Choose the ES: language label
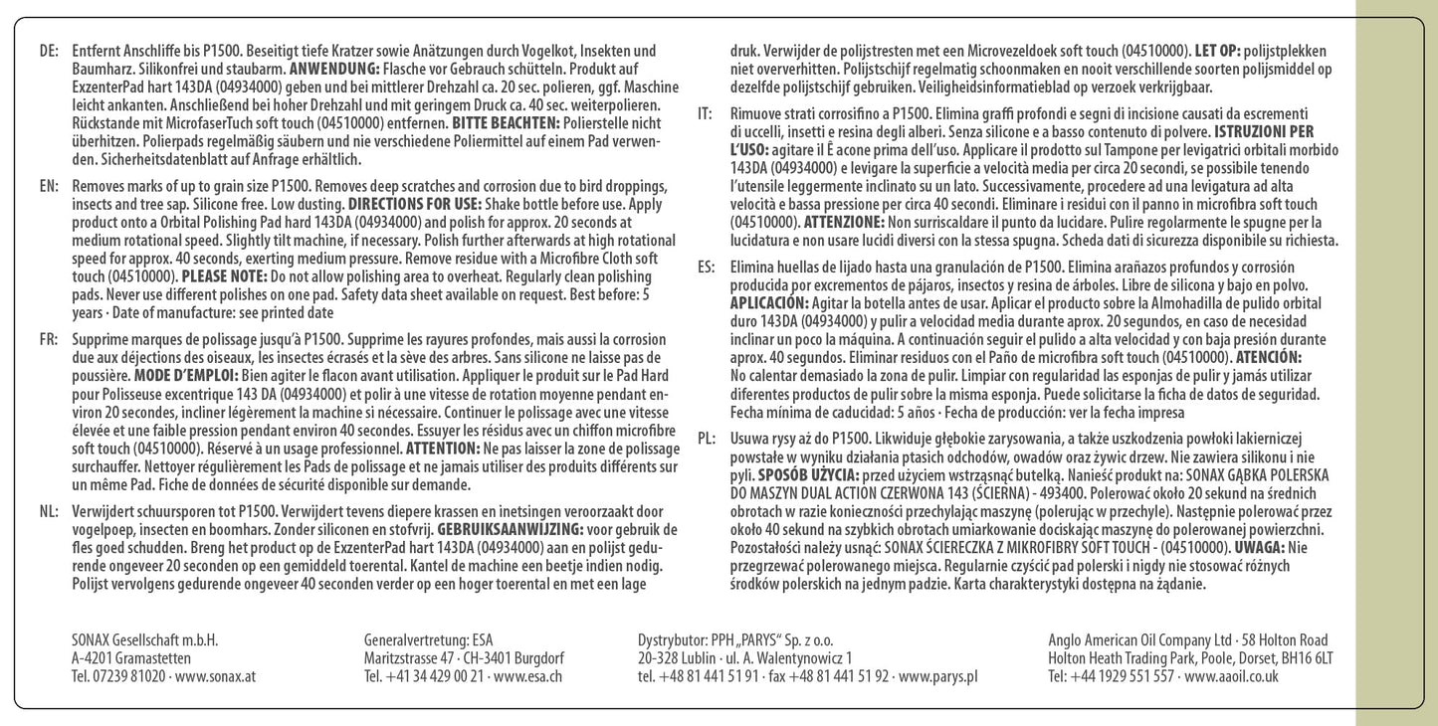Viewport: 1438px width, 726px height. (706, 267)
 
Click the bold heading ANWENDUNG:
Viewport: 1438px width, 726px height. (333, 69)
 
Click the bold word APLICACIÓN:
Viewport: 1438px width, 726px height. (769, 302)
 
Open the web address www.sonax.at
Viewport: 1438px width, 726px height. (215, 676)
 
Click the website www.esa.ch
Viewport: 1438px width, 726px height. (528, 676)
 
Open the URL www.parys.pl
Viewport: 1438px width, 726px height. (937, 676)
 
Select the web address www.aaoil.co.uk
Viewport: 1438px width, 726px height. (1232, 676)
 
